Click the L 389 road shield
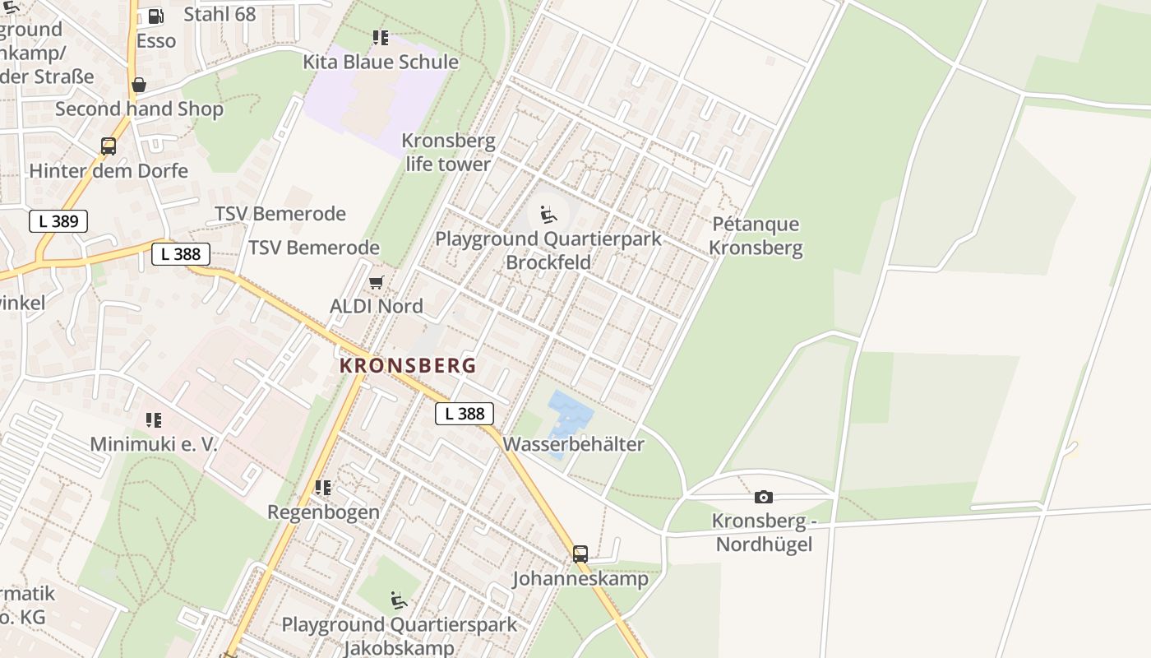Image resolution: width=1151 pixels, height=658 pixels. click(x=58, y=220)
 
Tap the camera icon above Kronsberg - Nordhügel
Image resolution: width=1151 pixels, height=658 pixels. click(x=763, y=497)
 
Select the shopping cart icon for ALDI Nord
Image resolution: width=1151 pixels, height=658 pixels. click(x=376, y=283)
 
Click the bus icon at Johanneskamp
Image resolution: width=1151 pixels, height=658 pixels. click(x=580, y=554)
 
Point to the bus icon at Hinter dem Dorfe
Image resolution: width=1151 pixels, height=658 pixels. click(x=108, y=146)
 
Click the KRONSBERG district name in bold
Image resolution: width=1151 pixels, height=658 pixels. click(x=408, y=365)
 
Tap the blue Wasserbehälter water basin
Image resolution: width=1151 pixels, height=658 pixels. click(x=569, y=414)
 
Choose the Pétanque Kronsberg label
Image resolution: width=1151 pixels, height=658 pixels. click(x=756, y=236)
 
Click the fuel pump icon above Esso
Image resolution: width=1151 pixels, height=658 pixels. click(x=155, y=16)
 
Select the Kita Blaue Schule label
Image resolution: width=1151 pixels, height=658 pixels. click(x=381, y=62)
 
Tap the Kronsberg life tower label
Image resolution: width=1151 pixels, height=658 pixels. click(x=448, y=152)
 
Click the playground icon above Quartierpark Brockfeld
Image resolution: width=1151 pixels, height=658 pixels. click(x=548, y=215)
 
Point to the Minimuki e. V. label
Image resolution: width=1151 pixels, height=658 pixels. click(x=154, y=444)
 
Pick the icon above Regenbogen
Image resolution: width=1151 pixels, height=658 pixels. click(x=323, y=488)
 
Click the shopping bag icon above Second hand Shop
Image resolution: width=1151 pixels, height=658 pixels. click(x=139, y=85)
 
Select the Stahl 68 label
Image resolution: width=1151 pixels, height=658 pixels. click(x=220, y=14)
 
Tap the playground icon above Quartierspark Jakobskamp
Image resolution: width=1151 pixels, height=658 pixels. click(x=399, y=600)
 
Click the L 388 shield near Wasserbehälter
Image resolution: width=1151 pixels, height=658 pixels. click(x=465, y=414)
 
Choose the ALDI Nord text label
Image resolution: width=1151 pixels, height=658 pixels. click(x=377, y=306)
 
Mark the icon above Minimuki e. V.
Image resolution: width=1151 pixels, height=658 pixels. click(x=154, y=421)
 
